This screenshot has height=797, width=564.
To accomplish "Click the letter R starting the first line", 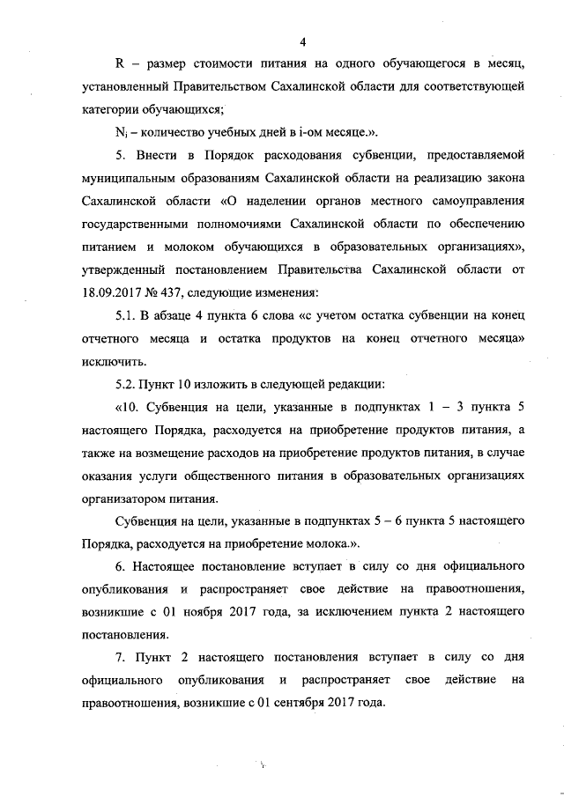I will (x=122, y=64).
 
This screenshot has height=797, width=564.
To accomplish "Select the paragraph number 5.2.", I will (x=128, y=384).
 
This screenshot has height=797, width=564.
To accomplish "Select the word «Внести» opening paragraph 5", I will (x=160, y=156).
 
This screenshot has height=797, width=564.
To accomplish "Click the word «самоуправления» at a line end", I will (x=479, y=202).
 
